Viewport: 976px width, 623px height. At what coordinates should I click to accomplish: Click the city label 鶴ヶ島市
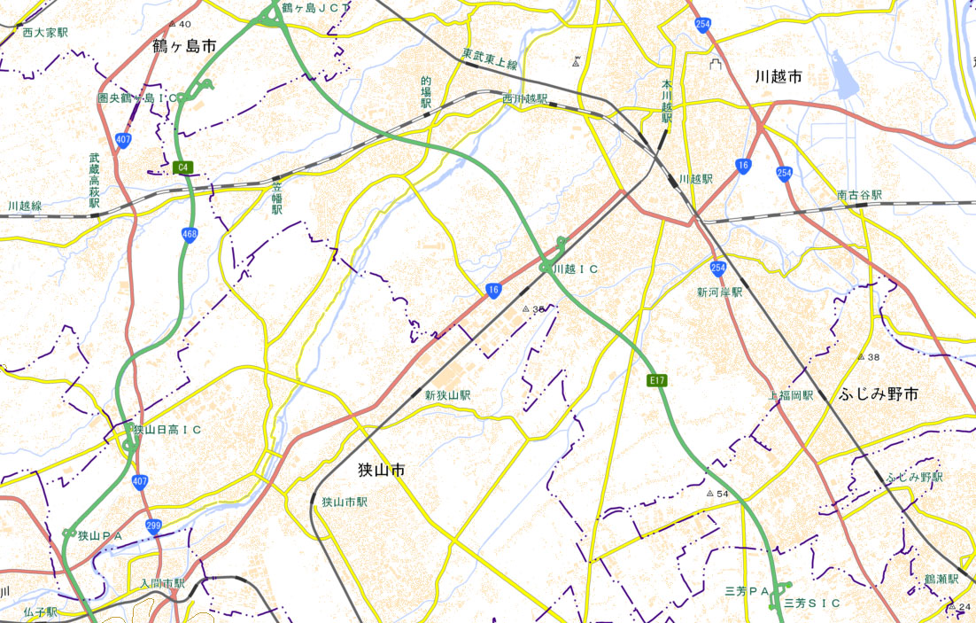tap(184, 46)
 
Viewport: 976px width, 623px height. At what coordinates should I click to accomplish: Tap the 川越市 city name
tap(779, 77)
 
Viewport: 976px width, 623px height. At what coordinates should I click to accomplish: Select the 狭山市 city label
tap(382, 470)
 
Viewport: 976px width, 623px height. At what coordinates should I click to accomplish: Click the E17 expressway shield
tap(656, 380)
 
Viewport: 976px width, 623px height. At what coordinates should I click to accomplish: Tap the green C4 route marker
tap(184, 167)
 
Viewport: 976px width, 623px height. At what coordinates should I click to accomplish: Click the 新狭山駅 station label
tap(447, 395)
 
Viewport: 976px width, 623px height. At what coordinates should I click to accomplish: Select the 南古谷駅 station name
tap(859, 194)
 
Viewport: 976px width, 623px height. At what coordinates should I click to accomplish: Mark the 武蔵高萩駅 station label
tap(95, 183)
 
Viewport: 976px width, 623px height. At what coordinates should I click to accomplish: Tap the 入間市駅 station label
tap(162, 583)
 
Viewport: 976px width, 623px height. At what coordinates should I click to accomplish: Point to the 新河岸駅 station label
tap(718, 292)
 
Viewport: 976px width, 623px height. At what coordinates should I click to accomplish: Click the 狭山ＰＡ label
tap(99, 535)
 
